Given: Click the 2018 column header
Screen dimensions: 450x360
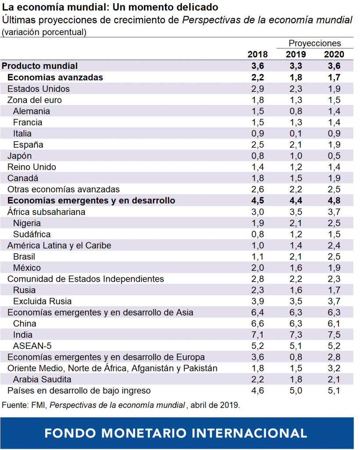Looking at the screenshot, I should tap(258, 54).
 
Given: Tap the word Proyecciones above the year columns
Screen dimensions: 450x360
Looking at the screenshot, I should tap(315, 43).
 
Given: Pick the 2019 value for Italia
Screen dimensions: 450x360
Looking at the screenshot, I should tap(296, 133).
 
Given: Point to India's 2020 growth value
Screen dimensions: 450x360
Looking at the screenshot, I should tap(334, 335).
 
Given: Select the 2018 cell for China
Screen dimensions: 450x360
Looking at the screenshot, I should tap(258, 323).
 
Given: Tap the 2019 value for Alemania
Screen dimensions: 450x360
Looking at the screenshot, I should tap(296, 111).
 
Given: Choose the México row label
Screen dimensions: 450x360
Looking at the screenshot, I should tap(27, 268).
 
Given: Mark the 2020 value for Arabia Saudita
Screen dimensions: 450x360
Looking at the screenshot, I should tap(334, 379).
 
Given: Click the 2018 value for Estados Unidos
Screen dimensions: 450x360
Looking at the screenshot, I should tap(258, 88).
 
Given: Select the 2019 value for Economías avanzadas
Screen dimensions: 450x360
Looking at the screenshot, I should tap(296, 77).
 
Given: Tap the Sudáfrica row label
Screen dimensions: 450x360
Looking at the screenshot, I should tap(32, 234).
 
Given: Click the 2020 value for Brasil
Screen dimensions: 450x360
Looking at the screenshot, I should tap(334, 256).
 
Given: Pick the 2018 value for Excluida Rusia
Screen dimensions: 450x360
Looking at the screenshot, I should tap(258, 301).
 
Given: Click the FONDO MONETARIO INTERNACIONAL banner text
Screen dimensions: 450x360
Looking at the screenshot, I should tap(176, 433).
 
